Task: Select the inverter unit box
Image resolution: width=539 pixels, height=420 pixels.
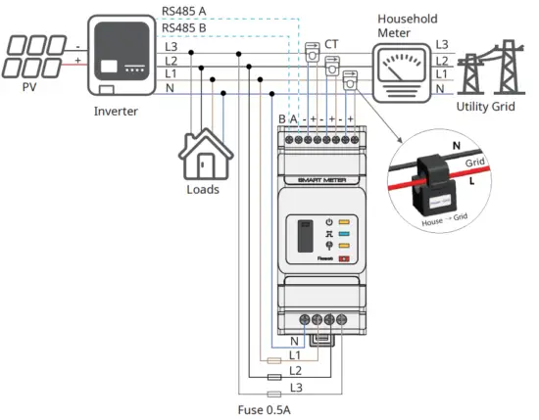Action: [122, 56]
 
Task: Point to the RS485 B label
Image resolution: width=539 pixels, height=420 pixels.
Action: [183, 29]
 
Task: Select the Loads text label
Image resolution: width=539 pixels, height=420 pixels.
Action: [202, 189]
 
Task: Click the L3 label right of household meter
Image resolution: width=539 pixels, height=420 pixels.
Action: [442, 45]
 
